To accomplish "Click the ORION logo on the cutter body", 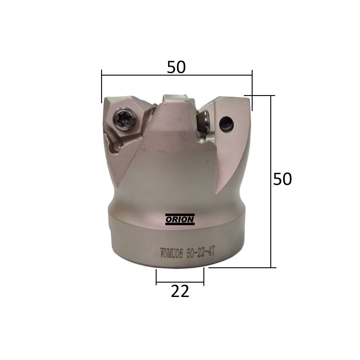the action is coord(180,219).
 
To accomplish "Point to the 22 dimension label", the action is coord(180,291).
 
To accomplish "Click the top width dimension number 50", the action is coord(176,67).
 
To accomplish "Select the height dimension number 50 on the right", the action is coord(282,179).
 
